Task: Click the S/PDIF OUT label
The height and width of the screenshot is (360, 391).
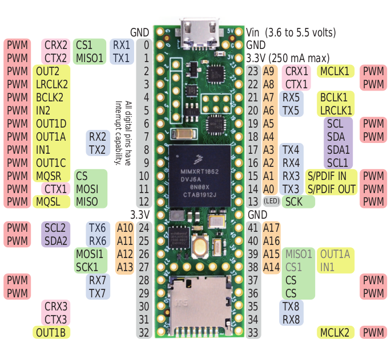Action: [x=331, y=189]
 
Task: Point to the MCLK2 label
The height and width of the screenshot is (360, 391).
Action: [x=337, y=332]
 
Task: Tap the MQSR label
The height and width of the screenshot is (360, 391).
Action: [x=50, y=175]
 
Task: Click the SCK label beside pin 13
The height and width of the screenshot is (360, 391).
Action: [x=294, y=202]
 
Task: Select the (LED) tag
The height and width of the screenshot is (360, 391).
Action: [x=271, y=202]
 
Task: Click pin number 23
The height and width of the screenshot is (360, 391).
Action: [x=253, y=71]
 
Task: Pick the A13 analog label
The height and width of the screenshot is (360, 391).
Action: [x=125, y=267]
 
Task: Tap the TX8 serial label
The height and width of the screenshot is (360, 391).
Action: [x=292, y=306]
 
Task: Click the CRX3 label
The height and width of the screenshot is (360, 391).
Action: [x=56, y=306]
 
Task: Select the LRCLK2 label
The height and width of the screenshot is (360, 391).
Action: [x=52, y=84]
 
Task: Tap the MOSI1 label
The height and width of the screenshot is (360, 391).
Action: [x=90, y=253]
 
